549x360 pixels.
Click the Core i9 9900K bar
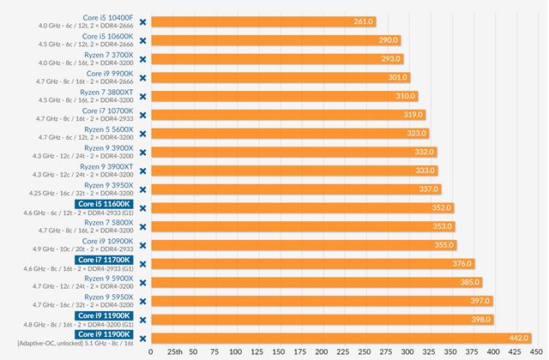(274, 77)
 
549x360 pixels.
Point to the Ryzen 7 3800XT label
(107, 92)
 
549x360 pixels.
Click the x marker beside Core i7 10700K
(143, 115)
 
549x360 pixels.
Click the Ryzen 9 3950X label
(108, 184)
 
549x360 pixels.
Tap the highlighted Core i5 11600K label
(104, 204)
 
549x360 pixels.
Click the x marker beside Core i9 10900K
(143, 245)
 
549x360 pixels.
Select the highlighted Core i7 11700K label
(104, 259)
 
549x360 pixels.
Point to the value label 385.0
(470, 282)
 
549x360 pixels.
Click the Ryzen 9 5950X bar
(317, 301)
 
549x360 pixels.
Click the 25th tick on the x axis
(174, 351)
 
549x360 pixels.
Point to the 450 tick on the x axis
(535, 351)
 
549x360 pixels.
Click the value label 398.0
(481, 320)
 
